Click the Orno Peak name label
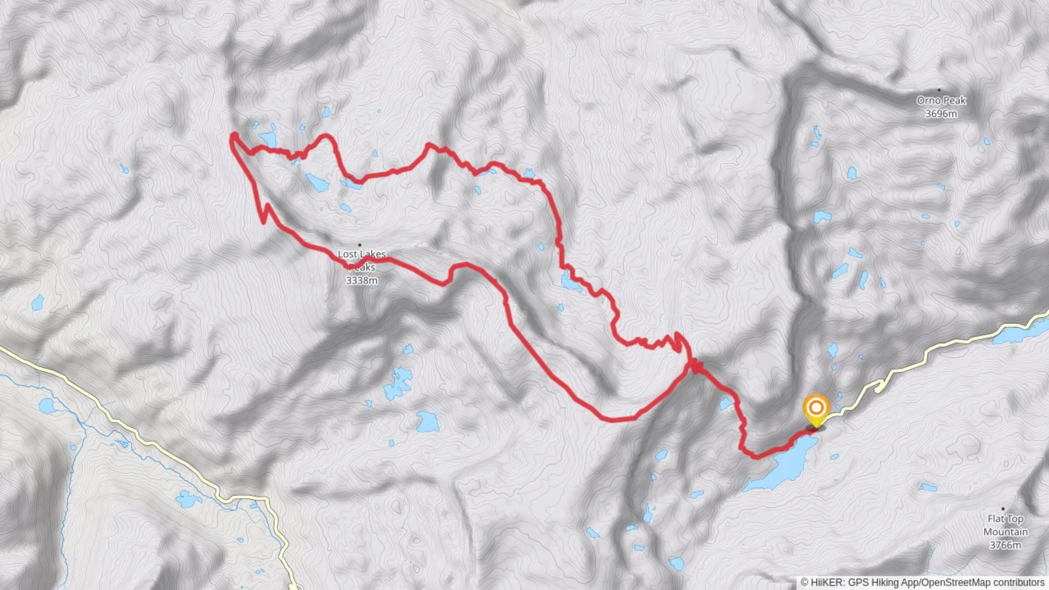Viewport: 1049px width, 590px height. pyautogui.click(x=941, y=101)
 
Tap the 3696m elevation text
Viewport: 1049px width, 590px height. pyautogui.click(x=941, y=114)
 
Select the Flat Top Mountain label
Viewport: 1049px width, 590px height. pyautogui.click(x=1005, y=525)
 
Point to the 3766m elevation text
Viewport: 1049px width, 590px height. pyautogui.click(x=1005, y=545)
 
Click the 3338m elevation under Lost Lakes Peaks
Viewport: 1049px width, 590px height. pyautogui.click(x=362, y=281)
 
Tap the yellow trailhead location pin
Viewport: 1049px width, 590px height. pyautogui.click(x=816, y=409)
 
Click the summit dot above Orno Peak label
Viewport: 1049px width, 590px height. pyautogui.click(x=939, y=90)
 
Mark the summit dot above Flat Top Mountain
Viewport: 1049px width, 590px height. pyautogui.click(x=1003, y=509)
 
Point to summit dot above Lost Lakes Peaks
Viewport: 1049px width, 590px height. pyautogui.click(x=360, y=245)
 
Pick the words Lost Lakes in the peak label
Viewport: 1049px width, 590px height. pyautogui.click(x=362, y=254)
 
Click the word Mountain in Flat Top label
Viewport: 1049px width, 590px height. pyautogui.click(x=1005, y=532)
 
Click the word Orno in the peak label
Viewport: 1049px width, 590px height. pyautogui.click(x=928, y=101)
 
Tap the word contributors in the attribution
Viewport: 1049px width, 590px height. pyautogui.click(x=1018, y=582)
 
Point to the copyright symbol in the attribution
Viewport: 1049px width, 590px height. pyautogui.click(x=804, y=582)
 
